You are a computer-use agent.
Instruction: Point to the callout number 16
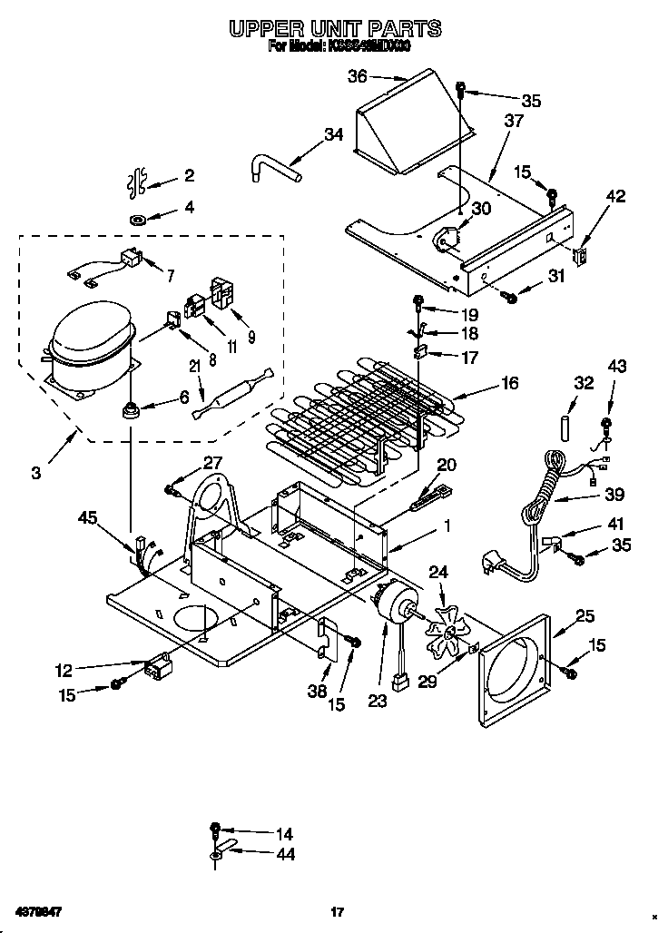(509, 384)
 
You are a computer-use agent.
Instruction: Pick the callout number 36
(359, 77)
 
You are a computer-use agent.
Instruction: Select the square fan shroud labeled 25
(515, 670)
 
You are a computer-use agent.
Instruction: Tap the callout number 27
(212, 462)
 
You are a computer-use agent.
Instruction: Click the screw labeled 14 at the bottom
(215, 828)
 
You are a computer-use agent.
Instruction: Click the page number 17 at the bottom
(337, 911)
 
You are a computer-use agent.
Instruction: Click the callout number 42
(616, 194)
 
